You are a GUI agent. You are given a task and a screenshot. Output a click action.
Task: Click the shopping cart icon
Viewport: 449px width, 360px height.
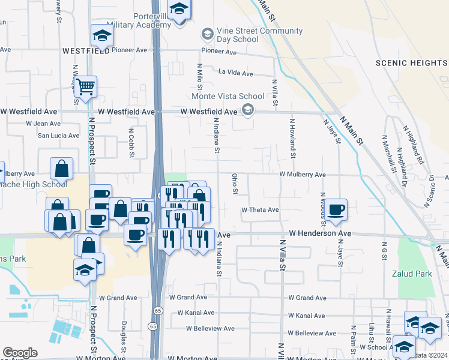[x=85, y=88]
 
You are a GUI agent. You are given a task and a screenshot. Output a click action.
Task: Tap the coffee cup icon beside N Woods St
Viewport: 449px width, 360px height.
[x=336, y=209]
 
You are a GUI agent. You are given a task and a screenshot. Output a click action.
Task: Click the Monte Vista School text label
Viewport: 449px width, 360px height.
[x=228, y=96]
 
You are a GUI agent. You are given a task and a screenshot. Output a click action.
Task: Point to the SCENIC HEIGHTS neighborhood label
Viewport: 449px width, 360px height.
[x=412, y=63]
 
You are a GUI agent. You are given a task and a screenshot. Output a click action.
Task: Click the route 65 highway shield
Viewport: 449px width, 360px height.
[x=157, y=310]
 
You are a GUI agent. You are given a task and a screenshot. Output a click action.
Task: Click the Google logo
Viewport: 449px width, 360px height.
[x=20, y=353]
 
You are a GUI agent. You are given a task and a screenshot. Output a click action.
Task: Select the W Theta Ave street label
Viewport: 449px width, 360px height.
[x=260, y=210]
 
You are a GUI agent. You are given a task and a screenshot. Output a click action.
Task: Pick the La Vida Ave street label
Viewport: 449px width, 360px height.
[x=236, y=74]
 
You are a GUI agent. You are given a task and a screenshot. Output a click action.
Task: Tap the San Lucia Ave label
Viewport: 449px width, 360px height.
[x=59, y=136]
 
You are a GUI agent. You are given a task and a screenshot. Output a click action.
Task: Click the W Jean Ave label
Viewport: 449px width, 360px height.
[x=43, y=124]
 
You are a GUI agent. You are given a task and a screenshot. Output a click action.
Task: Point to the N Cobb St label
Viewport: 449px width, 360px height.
[x=131, y=142]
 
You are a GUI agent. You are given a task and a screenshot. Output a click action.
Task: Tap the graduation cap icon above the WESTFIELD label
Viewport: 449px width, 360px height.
[x=101, y=37]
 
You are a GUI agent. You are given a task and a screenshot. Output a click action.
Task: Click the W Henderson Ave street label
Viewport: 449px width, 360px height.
[x=319, y=233]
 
